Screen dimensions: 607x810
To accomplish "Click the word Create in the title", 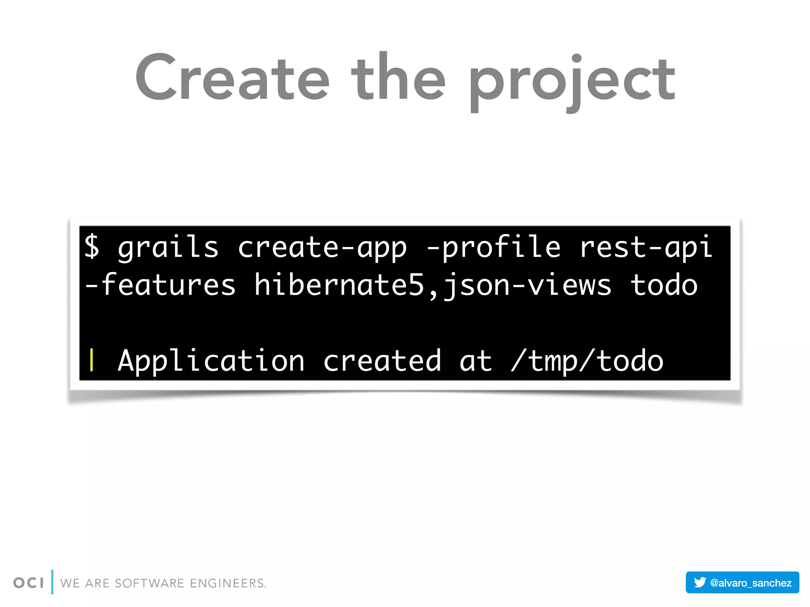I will [x=233, y=77].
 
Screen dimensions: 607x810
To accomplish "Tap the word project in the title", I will [x=572, y=81].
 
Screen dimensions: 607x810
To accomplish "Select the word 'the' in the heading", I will [x=399, y=77].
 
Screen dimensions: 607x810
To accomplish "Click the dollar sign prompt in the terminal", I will [x=92, y=246].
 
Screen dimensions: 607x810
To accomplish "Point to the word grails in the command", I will [x=168, y=247].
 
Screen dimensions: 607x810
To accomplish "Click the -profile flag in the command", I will [x=493, y=247].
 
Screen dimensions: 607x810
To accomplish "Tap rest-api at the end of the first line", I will [x=645, y=247].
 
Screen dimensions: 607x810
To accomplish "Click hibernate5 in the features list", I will [x=339, y=285].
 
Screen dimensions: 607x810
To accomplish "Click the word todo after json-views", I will [x=664, y=285].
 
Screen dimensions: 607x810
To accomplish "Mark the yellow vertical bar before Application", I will [x=92, y=360].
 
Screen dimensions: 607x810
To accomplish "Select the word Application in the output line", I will [x=211, y=361].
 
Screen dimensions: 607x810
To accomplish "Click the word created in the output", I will [x=382, y=361].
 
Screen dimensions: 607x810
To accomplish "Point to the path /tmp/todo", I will [x=587, y=361].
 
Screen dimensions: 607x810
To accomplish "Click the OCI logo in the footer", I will [x=28, y=582].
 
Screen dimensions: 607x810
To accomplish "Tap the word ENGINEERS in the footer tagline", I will [x=228, y=583].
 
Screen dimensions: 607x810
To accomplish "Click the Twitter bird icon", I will [x=700, y=582].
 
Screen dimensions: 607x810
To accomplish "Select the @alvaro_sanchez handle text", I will [x=750, y=583].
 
